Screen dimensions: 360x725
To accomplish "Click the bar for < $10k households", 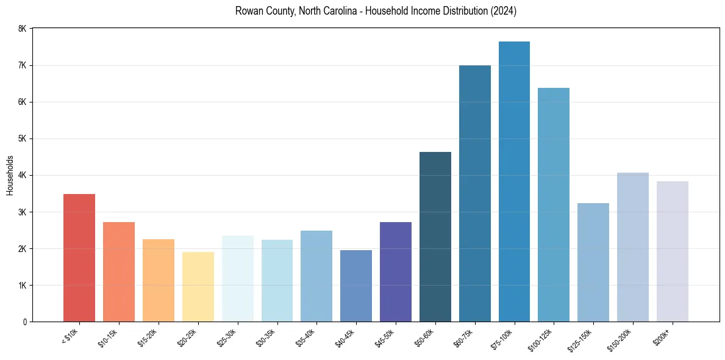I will (x=79, y=257).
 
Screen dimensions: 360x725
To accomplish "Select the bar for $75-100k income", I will (x=514, y=181).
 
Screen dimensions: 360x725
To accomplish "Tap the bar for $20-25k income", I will (x=198, y=287).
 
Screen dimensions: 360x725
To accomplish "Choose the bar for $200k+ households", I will (x=672, y=251).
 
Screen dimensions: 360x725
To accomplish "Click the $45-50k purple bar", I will (x=396, y=272).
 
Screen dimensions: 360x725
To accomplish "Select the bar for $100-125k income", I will (x=554, y=204).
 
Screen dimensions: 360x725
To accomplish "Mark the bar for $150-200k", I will (x=632, y=247).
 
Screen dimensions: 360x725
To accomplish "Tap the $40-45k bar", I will (x=356, y=286).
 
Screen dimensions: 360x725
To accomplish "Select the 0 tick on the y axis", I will (x=24, y=322).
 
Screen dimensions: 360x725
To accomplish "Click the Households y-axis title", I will (x=10, y=175).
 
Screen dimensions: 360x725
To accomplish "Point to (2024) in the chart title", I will (x=504, y=12).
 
